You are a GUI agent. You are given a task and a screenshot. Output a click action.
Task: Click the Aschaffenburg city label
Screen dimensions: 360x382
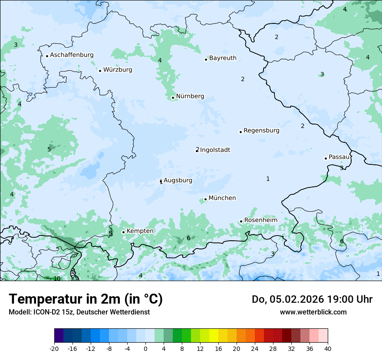[72, 55]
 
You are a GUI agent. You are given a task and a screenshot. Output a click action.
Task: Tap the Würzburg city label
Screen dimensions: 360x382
[118, 70]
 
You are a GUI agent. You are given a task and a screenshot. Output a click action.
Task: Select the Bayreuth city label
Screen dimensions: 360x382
[223, 58]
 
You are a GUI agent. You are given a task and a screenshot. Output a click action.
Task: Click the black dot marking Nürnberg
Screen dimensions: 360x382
[173, 98]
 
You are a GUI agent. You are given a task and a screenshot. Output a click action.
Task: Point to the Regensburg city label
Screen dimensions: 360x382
[261, 131]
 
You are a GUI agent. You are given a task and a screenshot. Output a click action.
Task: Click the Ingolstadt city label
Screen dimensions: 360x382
[215, 150]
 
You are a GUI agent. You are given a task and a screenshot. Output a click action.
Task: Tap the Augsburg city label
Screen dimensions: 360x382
[178, 180]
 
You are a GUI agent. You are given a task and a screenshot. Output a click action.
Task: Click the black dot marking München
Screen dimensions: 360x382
[205, 200]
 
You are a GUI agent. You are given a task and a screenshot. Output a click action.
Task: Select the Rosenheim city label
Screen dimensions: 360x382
[260, 220]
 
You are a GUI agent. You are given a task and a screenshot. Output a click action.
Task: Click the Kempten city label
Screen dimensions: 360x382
[140, 231]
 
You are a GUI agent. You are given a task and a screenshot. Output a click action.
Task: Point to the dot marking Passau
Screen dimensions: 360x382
[326, 158]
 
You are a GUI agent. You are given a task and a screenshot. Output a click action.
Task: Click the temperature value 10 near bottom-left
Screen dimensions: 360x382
[57, 278]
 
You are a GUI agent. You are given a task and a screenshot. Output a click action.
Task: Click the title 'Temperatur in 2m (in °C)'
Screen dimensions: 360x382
[86, 299]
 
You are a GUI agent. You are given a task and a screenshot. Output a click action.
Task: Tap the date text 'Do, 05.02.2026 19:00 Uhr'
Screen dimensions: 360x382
[312, 299]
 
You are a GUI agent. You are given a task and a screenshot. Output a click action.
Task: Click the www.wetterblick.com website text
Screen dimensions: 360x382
[313, 312]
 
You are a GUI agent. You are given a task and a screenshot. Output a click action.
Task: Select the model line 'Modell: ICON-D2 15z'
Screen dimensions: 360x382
[79, 312]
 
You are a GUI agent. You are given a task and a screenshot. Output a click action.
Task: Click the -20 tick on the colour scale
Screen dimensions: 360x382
[54, 349]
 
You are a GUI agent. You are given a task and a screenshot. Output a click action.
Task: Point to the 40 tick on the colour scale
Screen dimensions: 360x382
[328, 349]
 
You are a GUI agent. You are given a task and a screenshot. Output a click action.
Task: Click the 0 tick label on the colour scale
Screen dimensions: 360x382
[145, 349]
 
